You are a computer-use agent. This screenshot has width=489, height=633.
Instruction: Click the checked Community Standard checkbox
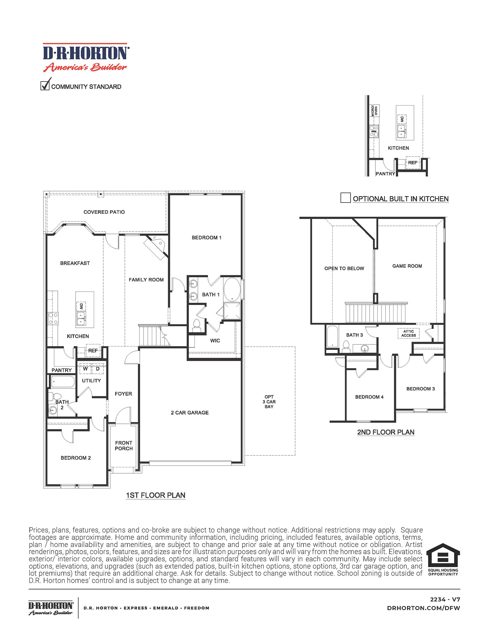tap(45, 85)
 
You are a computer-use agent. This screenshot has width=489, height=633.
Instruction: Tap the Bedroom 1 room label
tap(206, 238)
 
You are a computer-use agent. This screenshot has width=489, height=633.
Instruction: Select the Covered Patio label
tap(104, 212)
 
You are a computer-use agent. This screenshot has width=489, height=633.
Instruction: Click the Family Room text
tap(146, 280)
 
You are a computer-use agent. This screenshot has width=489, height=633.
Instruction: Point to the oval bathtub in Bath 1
tap(232, 289)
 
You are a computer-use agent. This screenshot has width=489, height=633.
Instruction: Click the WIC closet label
tap(215, 341)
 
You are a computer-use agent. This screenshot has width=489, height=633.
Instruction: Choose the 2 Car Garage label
tap(190, 413)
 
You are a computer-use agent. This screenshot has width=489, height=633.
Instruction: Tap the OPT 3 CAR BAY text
tap(269, 402)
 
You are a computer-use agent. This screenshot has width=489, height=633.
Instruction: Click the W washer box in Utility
tap(85, 369)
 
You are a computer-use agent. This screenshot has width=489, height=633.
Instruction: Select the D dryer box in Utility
tap(98, 369)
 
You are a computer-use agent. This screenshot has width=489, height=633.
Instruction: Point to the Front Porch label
tap(124, 445)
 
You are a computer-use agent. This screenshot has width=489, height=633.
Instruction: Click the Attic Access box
tap(408, 333)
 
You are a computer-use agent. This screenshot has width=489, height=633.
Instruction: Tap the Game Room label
tap(407, 266)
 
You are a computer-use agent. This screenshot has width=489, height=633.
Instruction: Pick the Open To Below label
tap(344, 268)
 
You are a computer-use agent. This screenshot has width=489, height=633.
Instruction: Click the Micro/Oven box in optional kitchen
tap(375, 111)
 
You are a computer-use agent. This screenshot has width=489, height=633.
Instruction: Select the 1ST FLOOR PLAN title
tap(156, 495)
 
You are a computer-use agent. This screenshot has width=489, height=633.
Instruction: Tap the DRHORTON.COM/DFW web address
tap(423, 608)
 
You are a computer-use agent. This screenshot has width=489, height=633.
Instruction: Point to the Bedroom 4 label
tap(369, 397)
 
